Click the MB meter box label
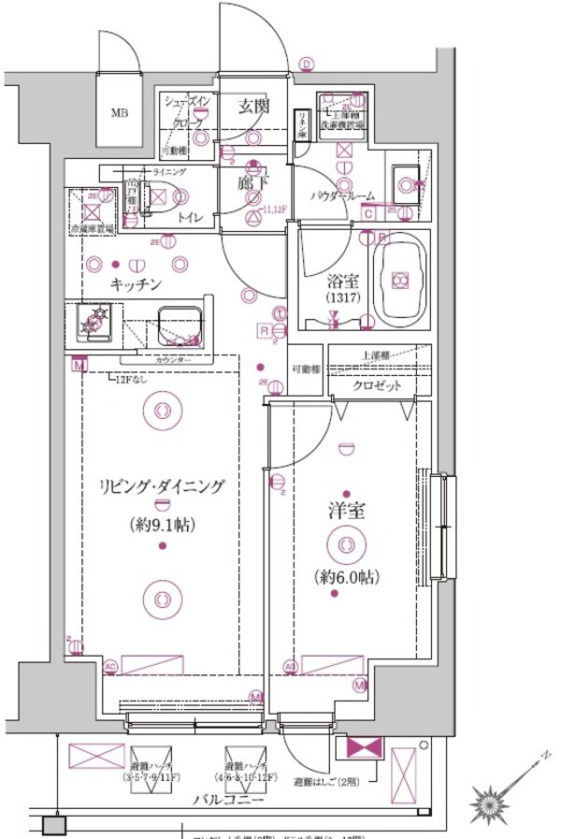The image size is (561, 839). pyautogui.click(x=120, y=114)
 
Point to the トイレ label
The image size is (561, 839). pyautogui.click(x=192, y=217)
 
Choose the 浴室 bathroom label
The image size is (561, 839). pyautogui.click(x=336, y=279)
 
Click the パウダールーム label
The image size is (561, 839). pyautogui.click(x=343, y=196)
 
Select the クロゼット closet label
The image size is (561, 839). pyautogui.click(x=377, y=385)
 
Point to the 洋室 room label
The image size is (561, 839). pyautogui.click(x=347, y=513)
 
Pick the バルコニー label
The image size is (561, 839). pyautogui.click(x=226, y=801)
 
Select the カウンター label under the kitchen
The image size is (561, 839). pyautogui.click(x=173, y=360)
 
